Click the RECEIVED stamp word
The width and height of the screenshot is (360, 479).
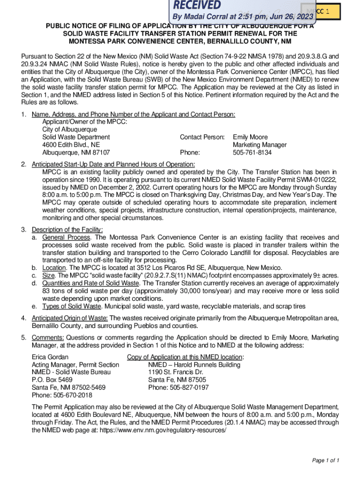pyautogui.click(x=197, y=5)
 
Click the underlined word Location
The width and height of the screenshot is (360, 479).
pyautogui.click(x=55, y=268)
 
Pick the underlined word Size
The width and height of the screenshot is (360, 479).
pyautogui.click(x=49, y=276)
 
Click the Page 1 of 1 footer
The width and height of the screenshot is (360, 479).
pyautogui.click(x=325, y=461)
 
